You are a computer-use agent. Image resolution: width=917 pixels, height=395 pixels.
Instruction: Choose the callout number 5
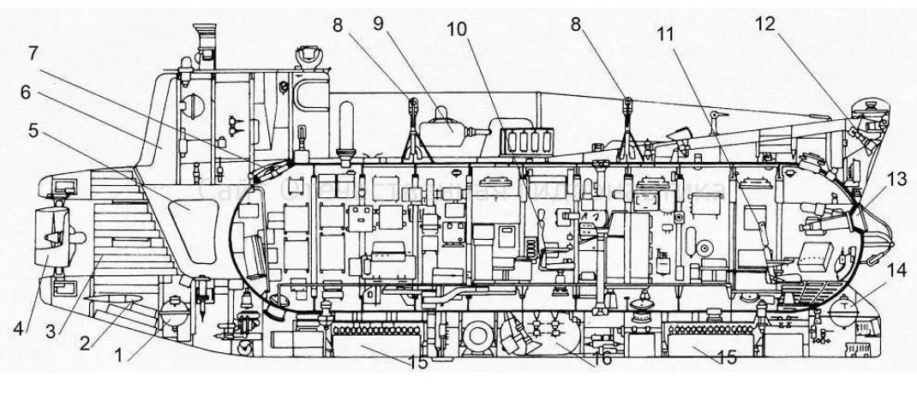[x=34, y=131]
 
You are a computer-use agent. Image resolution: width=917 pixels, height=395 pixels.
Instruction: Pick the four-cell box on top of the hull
[x=518, y=141]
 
